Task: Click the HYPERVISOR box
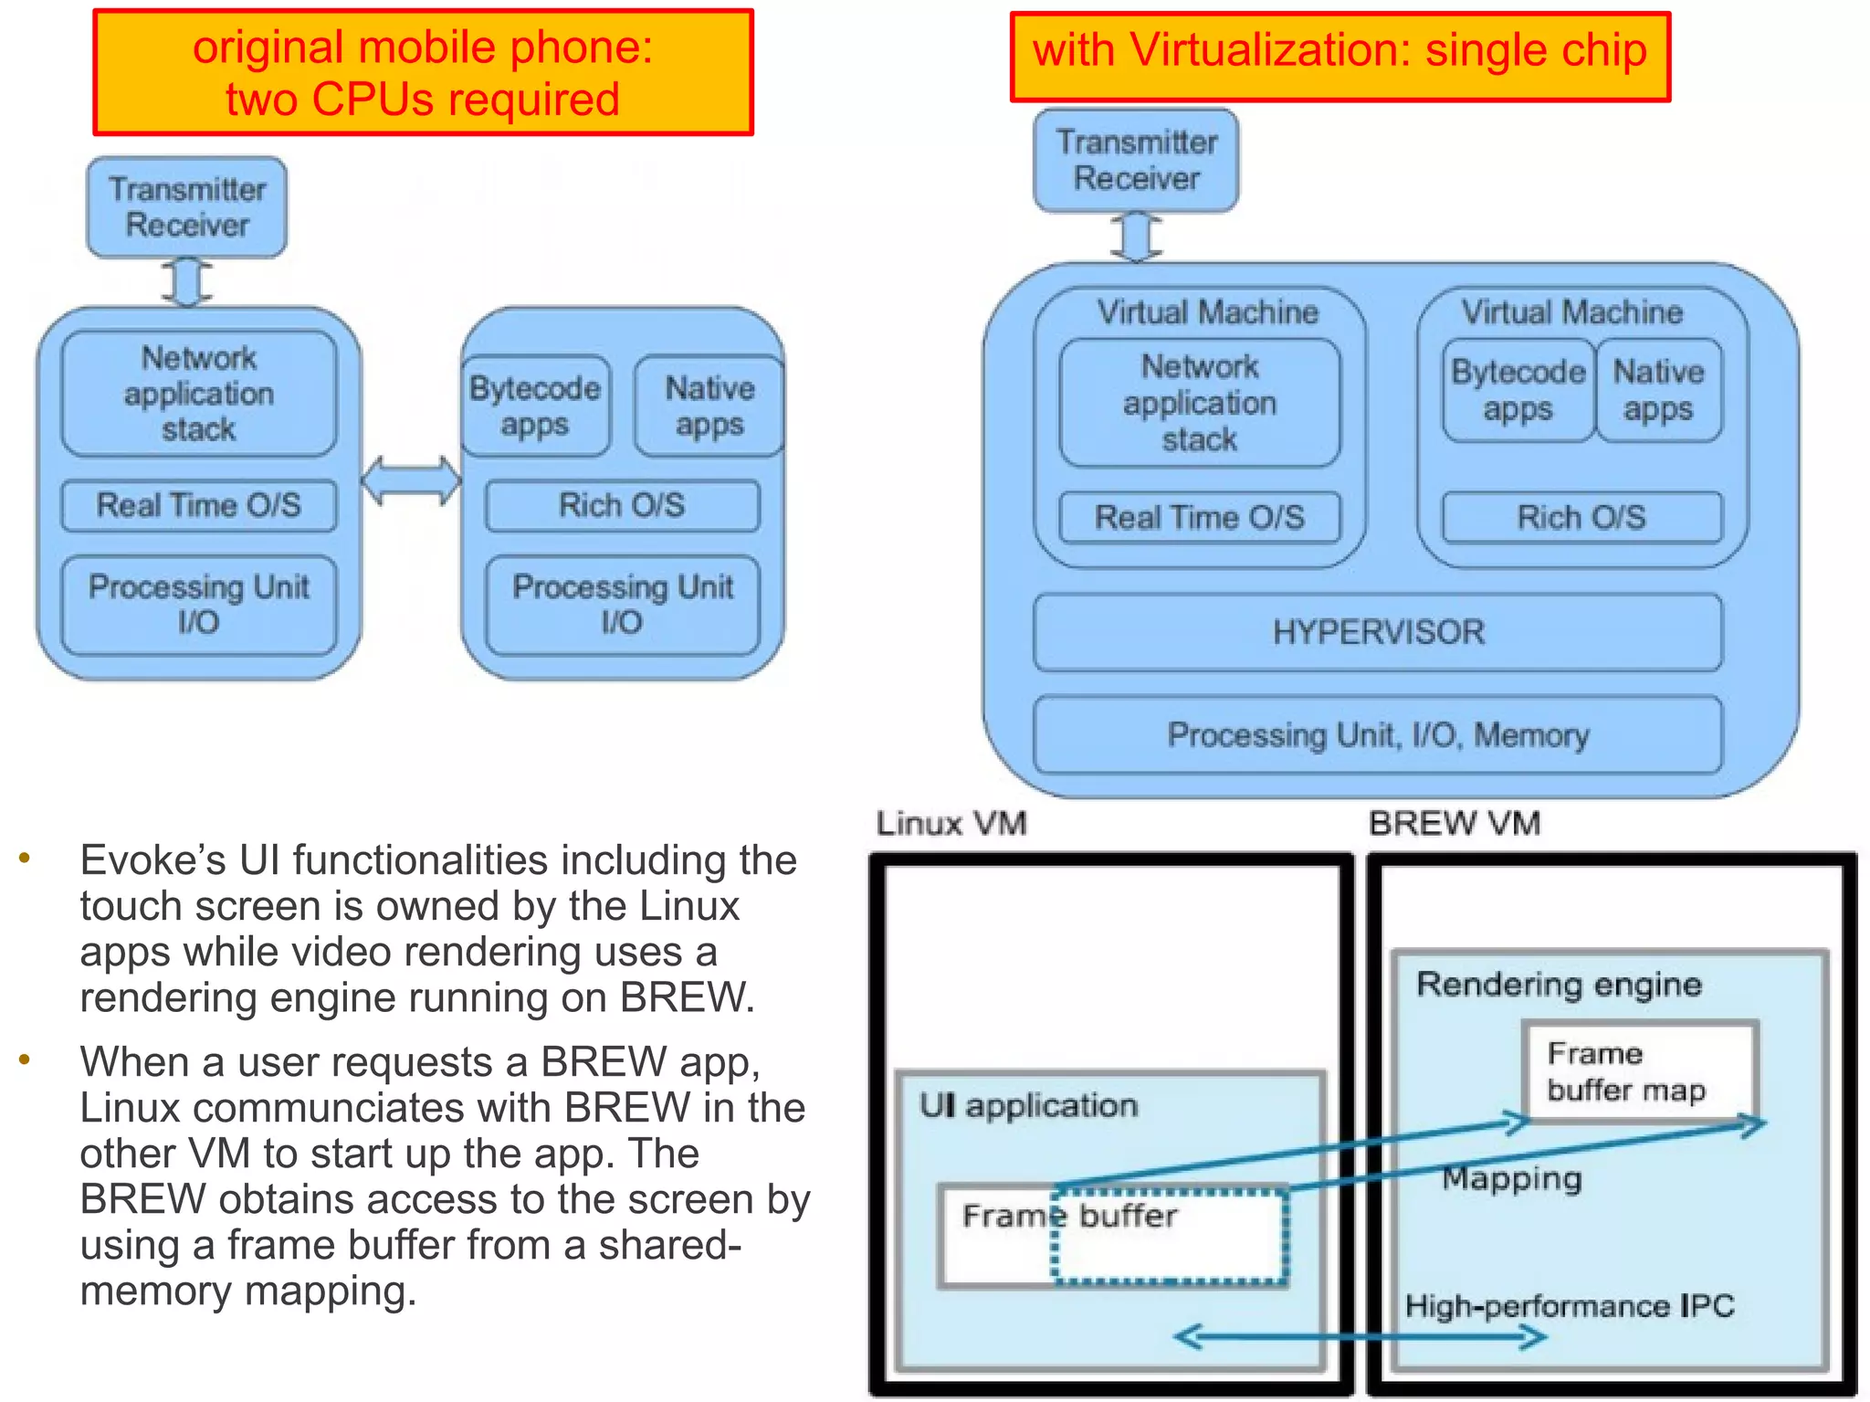pos(1377,632)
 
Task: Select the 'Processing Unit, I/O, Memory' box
pos(1377,734)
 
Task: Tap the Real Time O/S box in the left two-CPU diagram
pos(198,505)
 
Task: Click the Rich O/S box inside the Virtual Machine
pos(1581,517)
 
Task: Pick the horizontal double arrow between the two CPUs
pos(411,480)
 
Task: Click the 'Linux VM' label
pos(951,823)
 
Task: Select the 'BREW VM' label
pos(1454,823)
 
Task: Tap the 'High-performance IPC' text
pos(1569,1305)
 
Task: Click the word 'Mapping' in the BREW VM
pos(1511,1178)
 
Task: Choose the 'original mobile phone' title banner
pos(423,73)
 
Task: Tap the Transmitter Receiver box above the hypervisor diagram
pos(1136,161)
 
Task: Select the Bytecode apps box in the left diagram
pos(534,406)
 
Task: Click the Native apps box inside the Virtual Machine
pos(1658,390)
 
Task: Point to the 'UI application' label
pos(1028,1105)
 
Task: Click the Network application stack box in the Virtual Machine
pos(1199,403)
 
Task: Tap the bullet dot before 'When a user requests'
pos(25,1059)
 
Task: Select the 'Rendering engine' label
pos(1559,984)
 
